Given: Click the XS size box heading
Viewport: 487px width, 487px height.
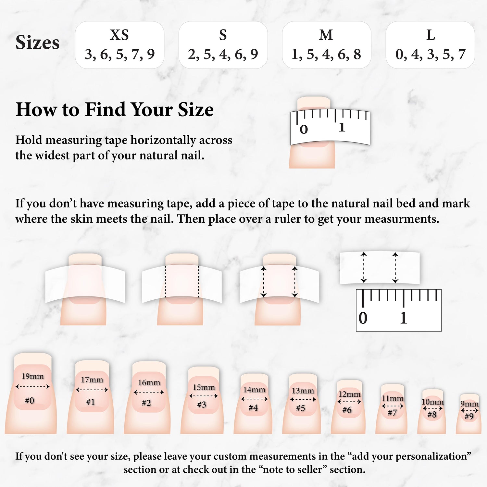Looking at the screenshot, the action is pyautogui.click(x=119, y=35).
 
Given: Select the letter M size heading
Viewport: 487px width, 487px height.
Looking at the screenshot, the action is pyautogui.click(x=326, y=35).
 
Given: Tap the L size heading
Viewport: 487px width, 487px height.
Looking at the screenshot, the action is pyautogui.click(x=431, y=35).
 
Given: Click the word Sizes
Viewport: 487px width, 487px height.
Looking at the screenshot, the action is pyautogui.click(x=37, y=43).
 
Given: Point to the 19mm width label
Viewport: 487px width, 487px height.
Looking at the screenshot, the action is pyautogui.click(x=32, y=376).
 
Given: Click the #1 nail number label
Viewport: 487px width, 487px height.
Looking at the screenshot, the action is pyautogui.click(x=91, y=402).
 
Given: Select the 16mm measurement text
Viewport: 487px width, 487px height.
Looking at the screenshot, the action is pyautogui.click(x=149, y=382).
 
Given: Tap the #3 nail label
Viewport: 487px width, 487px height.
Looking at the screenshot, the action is pyautogui.click(x=202, y=405).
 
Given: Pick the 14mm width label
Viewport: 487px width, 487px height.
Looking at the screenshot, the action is pyautogui.click(x=254, y=390).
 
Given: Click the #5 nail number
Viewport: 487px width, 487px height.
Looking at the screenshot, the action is pyautogui.click(x=300, y=408).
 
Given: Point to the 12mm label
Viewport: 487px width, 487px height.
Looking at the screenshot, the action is pyautogui.click(x=349, y=394).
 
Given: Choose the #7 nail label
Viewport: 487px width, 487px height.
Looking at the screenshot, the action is pyautogui.click(x=392, y=413).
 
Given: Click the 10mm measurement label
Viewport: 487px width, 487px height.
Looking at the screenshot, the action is pyautogui.click(x=432, y=402).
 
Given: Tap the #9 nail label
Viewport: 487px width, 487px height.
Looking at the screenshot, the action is pyautogui.click(x=469, y=416).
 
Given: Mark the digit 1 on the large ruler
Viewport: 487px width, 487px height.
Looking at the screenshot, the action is pyautogui.click(x=404, y=318).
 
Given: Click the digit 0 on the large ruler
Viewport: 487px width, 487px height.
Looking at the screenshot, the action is pyautogui.click(x=363, y=318).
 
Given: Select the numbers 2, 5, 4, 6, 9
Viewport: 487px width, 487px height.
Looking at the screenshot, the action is pyautogui.click(x=223, y=54).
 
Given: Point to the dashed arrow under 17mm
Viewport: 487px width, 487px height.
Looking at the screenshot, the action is pyautogui.click(x=92, y=390).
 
